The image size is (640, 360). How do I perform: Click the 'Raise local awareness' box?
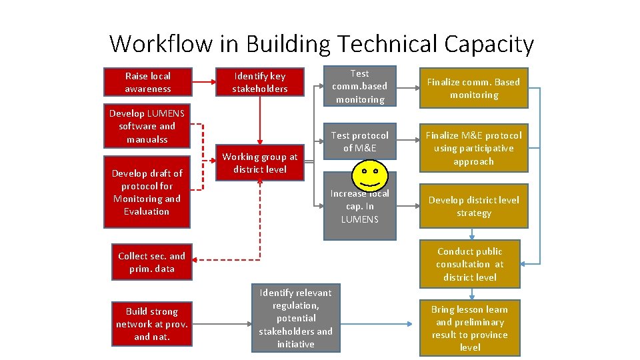point(147,82)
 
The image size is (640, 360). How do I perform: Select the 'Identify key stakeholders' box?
point(260,83)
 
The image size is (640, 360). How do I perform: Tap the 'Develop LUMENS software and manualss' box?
point(147,126)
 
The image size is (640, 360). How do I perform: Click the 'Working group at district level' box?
point(260,163)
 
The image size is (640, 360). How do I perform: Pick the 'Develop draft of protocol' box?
point(147,192)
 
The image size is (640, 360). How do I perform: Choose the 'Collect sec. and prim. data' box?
point(151,262)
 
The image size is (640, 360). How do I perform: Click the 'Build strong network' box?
point(151,323)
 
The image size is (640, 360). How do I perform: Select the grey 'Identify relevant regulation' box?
point(295,318)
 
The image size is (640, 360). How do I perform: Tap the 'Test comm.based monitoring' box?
point(359,86)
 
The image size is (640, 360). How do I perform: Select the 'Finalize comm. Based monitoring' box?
point(473,88)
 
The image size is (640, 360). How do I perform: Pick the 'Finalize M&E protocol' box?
point(473,148)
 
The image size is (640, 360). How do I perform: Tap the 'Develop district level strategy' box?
point(473,206)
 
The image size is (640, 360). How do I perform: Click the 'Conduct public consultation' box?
point(469,264)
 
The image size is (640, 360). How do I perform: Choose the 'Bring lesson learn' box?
point(469,328)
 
